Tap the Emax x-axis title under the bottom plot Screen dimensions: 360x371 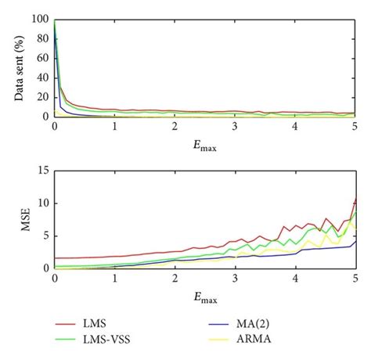pos(205,297)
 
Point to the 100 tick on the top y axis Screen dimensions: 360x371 pos(40,20)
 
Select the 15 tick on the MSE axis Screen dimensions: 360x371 pos(43,171)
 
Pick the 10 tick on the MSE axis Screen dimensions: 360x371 pos(43,203)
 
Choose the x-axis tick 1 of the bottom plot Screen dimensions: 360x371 pos(115,278)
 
